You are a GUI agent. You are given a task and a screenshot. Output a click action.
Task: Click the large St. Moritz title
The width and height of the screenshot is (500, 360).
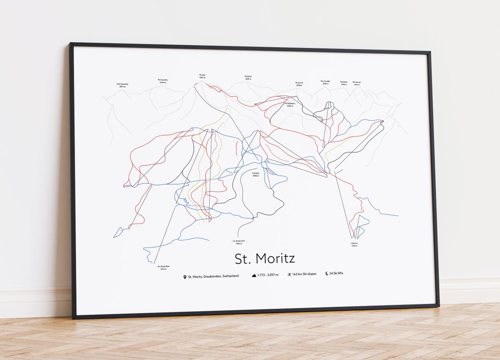coord(265,259)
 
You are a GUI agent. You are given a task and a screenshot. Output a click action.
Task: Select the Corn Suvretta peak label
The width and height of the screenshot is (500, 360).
coord(122,85)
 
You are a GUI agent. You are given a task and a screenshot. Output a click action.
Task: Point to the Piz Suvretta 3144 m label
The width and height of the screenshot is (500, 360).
coord(163,81)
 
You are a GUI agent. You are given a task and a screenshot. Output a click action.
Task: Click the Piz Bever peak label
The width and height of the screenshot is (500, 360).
coord(248,77)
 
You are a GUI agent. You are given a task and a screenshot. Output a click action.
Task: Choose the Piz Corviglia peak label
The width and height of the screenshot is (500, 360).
coord(325,82)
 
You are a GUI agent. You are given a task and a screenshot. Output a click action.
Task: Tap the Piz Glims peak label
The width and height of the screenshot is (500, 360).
coord(344,83)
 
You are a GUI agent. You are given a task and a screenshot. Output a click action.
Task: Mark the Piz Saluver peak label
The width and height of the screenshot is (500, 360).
coord(357,83)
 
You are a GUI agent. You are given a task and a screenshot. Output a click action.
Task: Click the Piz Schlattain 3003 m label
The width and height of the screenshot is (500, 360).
coord(290,105)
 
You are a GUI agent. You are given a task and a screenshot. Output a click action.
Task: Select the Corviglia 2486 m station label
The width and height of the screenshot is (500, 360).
coord(256,175)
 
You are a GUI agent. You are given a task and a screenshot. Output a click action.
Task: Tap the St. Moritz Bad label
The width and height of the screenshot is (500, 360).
coord(162,267)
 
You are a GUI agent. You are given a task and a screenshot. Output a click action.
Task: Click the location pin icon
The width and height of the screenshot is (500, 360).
coord(184,276)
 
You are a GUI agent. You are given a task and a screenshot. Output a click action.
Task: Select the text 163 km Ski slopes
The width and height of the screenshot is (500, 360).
coord(304,274)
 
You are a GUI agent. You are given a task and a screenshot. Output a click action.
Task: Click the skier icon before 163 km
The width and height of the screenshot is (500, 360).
coord(289,275)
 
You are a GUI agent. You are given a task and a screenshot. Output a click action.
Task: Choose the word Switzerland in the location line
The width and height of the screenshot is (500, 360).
coord(230,276)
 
